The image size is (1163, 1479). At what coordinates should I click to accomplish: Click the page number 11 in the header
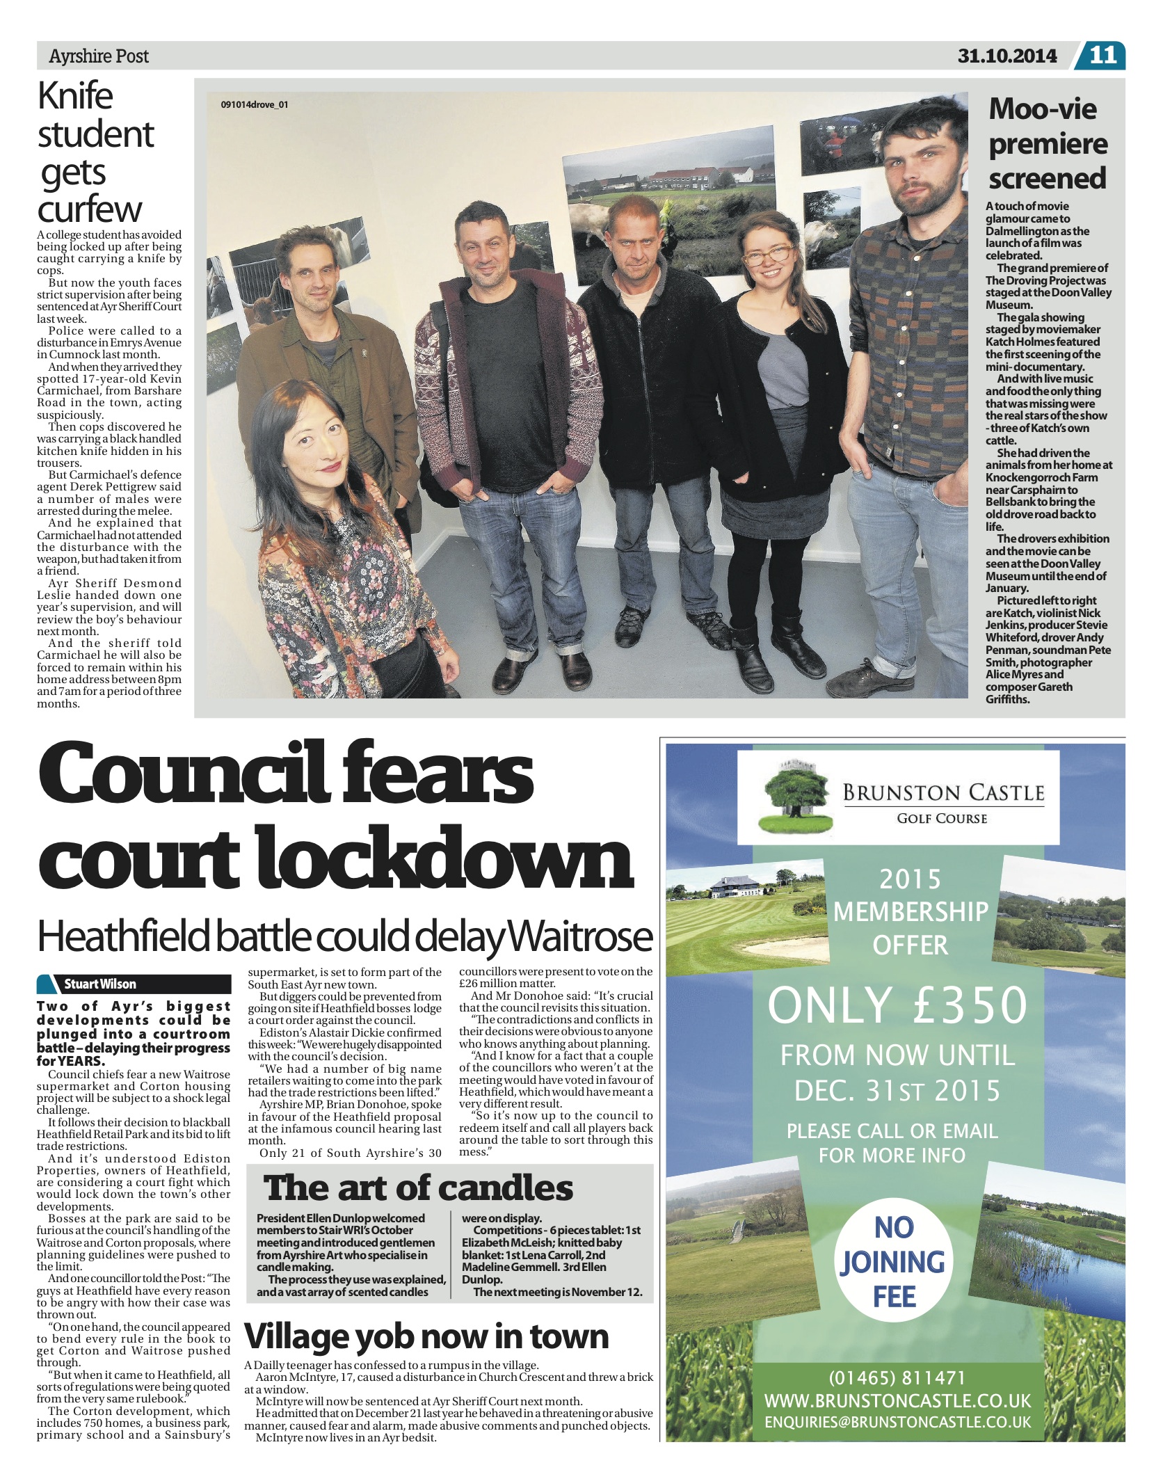click(x=1102, y=55)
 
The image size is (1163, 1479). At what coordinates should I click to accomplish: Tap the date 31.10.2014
click(x=1006, y=56)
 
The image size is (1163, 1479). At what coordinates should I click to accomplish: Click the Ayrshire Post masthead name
click(x=99, y=56)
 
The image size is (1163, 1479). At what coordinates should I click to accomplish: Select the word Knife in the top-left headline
click(x=75, y=96)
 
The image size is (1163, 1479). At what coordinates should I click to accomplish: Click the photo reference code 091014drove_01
click(x=254, y=105)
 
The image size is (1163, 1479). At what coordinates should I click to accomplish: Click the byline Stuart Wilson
click(x=100, y=984)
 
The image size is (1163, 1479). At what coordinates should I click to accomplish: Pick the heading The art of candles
click(x=418, y=1188)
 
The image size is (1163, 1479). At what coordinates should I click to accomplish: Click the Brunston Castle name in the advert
click(x=943, y=793)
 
